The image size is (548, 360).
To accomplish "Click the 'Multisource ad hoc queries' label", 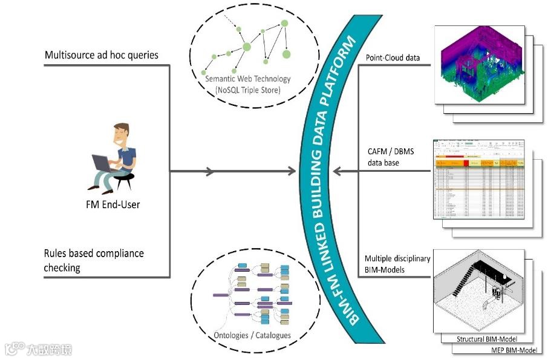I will coord(102,55).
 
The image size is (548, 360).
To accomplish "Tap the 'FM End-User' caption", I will coord(113,205).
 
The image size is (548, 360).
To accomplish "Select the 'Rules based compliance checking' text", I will coord(94,260).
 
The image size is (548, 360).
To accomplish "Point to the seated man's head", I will coord(122,134).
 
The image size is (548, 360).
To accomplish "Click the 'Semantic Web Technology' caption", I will coord(248,79).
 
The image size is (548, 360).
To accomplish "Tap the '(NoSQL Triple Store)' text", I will coord(248,90).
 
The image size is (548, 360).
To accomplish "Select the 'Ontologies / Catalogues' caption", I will coord(253,335).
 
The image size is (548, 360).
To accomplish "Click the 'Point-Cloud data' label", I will coord(393,58).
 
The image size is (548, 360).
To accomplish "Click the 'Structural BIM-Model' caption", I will coord(488,339).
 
